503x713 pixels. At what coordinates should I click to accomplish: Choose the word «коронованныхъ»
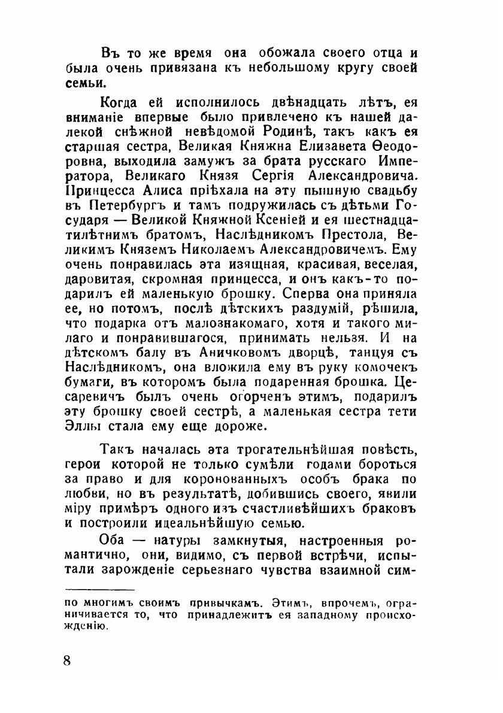click(231, 481)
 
